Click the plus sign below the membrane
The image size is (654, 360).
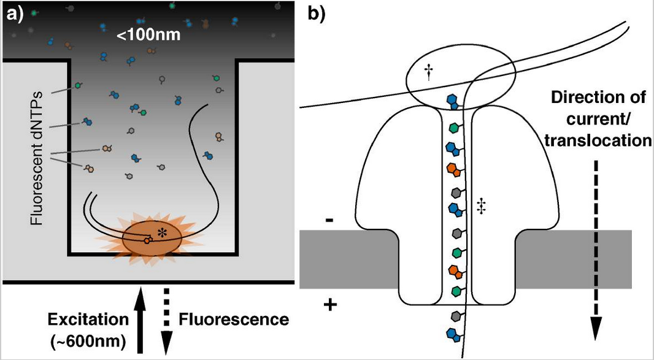(x=329, y=305)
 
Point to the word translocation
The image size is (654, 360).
(x=597, y=140)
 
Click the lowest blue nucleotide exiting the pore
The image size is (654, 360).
(x=452, y=335)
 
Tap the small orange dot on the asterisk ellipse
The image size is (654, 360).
(x=147, y=240)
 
